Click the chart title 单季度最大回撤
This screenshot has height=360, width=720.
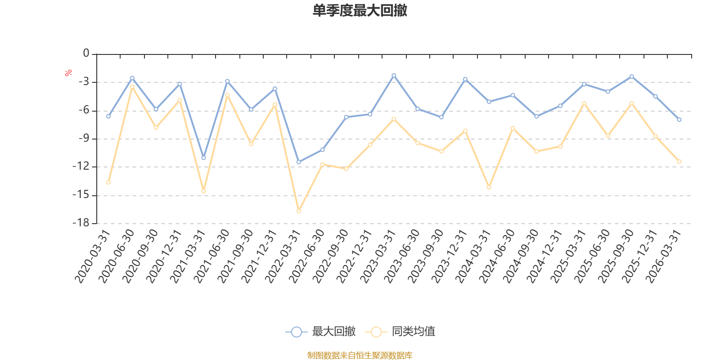[x=360, y=10]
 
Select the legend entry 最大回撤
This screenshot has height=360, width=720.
[x=320, y=331]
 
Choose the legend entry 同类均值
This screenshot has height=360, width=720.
[x=400, y=331]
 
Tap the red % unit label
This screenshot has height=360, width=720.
[x=68, y=73]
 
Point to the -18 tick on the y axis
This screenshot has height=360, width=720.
[x=81, y=223]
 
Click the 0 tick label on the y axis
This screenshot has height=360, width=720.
[x=86, y=53]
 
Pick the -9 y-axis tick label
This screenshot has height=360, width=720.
[x=84, y=138]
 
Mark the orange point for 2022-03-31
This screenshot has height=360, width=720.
[x=299, y=211]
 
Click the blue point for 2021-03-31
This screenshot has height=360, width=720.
[x=203, y=158]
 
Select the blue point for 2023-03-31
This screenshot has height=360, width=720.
[x=394, y=76]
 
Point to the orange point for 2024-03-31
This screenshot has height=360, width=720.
[x=489, y=187]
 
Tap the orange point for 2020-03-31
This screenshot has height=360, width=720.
[x=108, y=183]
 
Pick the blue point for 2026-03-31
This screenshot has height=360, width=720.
[x=679, y=120]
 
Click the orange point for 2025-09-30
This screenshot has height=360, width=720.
[x=632, y=103]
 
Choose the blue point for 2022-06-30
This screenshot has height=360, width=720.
[x=322, y=150]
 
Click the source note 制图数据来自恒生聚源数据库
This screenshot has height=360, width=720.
[x=360, y=355]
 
